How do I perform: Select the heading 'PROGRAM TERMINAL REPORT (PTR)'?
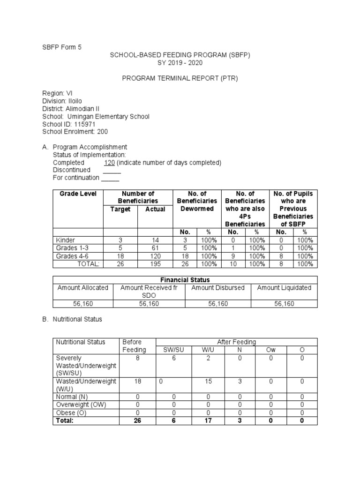pos(180,78)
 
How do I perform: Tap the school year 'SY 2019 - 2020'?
pos(180,63)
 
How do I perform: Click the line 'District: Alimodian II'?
pos(70,109)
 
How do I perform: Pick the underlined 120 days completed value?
pos(109,163)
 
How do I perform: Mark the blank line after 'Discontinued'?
pos(112,170)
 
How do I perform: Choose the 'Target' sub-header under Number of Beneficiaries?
pos(120,209)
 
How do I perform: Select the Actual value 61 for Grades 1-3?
pos(155,248)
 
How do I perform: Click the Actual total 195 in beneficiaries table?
pos(155,264)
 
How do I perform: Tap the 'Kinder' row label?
pos(65,240)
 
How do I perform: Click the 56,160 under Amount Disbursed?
pos(217,304)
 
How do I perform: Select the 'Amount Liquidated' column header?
pos(284,288)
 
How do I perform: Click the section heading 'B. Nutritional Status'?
pos(72,319)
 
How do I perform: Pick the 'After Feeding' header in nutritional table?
pos(236,342)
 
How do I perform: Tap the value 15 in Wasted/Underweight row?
pos(208,382)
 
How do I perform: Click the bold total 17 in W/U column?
pos(208,421)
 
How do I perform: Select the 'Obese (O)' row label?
pos(72,412)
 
